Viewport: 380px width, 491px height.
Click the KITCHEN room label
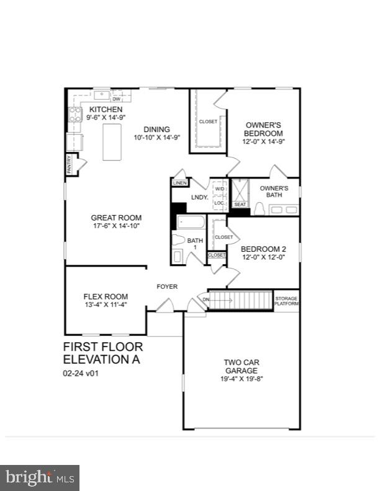(101, 110)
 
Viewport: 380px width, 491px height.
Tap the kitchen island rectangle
(112, 142)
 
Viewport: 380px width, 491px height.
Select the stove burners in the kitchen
(75, 114)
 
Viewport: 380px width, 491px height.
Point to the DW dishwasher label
(116, 99)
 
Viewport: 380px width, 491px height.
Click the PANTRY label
(70, 164)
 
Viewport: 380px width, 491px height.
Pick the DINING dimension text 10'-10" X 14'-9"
(157, 138)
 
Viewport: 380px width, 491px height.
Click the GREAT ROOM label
(116, 218)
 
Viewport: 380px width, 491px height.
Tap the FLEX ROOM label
(106, 296)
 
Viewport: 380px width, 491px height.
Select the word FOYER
(167, 286)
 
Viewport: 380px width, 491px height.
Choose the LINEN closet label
(180, 183)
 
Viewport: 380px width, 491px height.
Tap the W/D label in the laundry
(219, 189)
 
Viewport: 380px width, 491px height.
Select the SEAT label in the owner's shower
(240, 204)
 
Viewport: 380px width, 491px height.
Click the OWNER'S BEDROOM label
(263, 129)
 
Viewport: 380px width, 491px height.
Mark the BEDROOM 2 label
(263, 249)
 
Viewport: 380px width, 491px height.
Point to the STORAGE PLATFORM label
(286, 301)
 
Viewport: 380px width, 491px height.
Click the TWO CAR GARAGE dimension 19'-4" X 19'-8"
(242, 379)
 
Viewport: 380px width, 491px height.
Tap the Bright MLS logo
(40, 478)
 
